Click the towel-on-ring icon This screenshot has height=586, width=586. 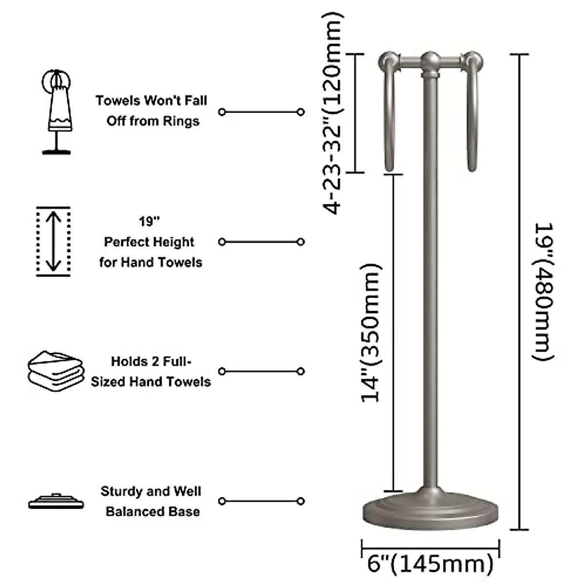click(x=57, y=111)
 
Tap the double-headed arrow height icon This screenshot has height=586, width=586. click(x=53, y=241)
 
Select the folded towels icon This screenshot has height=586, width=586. click(x=55, y=371)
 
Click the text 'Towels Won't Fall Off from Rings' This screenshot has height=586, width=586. click(x=152, y=111)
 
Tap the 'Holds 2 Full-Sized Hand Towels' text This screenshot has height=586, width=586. click(x=151, y=371)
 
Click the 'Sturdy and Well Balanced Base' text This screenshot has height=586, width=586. click(x=151, y=501)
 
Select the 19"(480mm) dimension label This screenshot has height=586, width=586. click(x=544, y=292)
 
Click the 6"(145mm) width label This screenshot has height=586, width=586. click(x=430, y=565)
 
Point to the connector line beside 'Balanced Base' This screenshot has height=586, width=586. click(x=261, y=501)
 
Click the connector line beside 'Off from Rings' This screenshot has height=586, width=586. click(x=261, y=112)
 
